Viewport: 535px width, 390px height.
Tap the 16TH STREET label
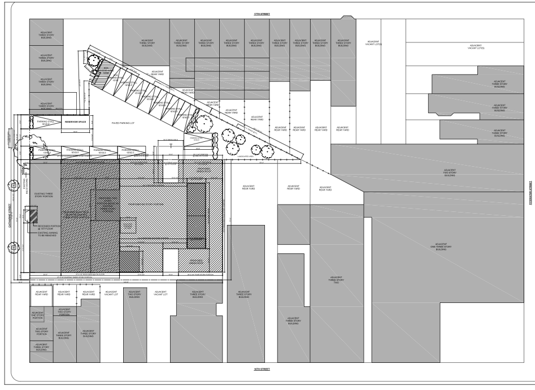[262, 369]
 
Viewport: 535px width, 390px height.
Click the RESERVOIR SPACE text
[74, 122]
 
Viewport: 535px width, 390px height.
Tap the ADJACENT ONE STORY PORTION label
[37, 315]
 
